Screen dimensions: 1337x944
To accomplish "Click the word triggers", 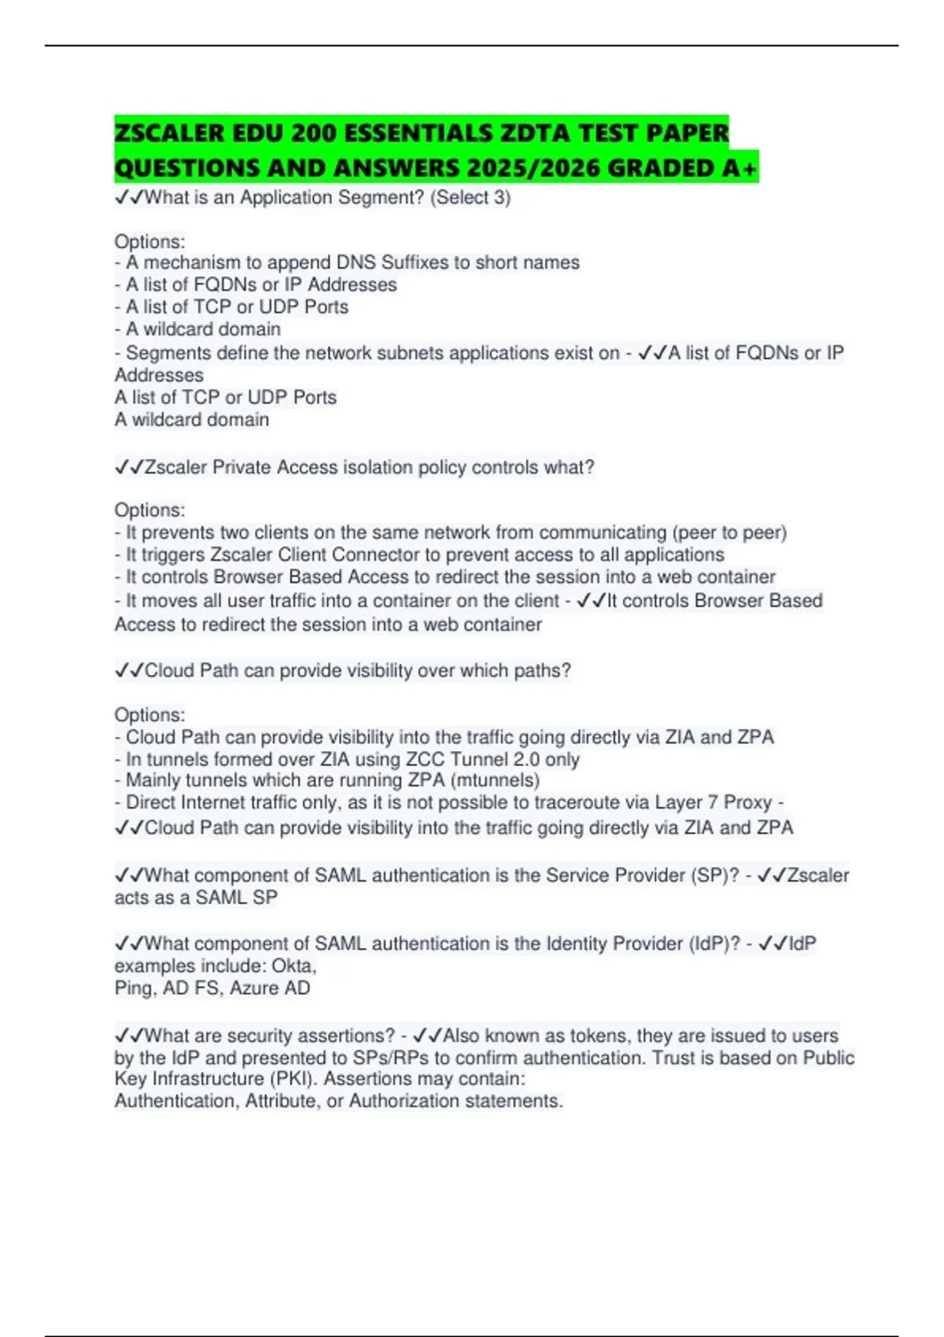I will point(173,554).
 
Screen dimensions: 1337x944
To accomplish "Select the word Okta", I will point(293,966).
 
